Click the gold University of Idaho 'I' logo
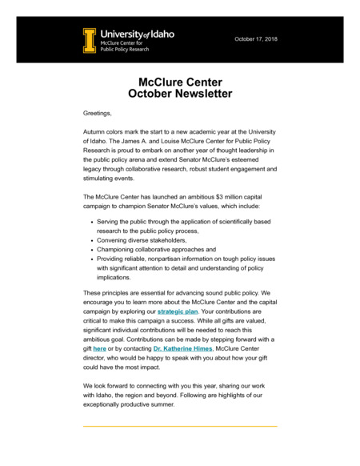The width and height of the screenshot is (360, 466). click(89, 40)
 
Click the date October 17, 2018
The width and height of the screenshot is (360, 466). click(256, 38)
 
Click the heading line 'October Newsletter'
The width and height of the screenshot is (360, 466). click(180, 94)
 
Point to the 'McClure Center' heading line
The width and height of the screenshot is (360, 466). click(180, 82)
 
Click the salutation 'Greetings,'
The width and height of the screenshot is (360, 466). click(98, 114)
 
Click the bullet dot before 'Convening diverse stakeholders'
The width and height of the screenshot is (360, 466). click(93, 240)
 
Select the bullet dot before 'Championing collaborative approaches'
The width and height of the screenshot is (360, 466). click(93, 250)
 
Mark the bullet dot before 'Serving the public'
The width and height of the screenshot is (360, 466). click(93, 220)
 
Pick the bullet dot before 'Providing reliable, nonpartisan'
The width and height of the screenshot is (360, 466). click(93, 259)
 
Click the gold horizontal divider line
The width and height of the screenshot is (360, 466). click(180, 426)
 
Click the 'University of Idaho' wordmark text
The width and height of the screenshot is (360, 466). click(137, 34)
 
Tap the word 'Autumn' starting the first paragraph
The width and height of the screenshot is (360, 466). click(97, 131)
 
